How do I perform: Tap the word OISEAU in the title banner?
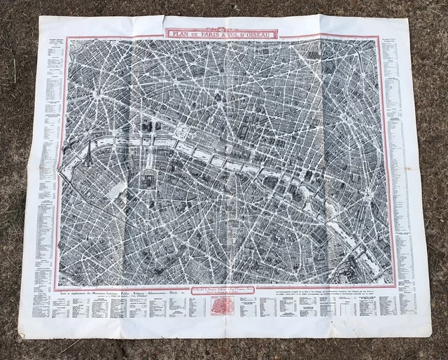[259, 34]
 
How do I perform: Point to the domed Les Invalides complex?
[148, 181]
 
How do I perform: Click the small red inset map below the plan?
[226, 305]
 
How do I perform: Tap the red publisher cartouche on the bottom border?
[225, 288]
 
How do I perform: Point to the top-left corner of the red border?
[65, 37]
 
